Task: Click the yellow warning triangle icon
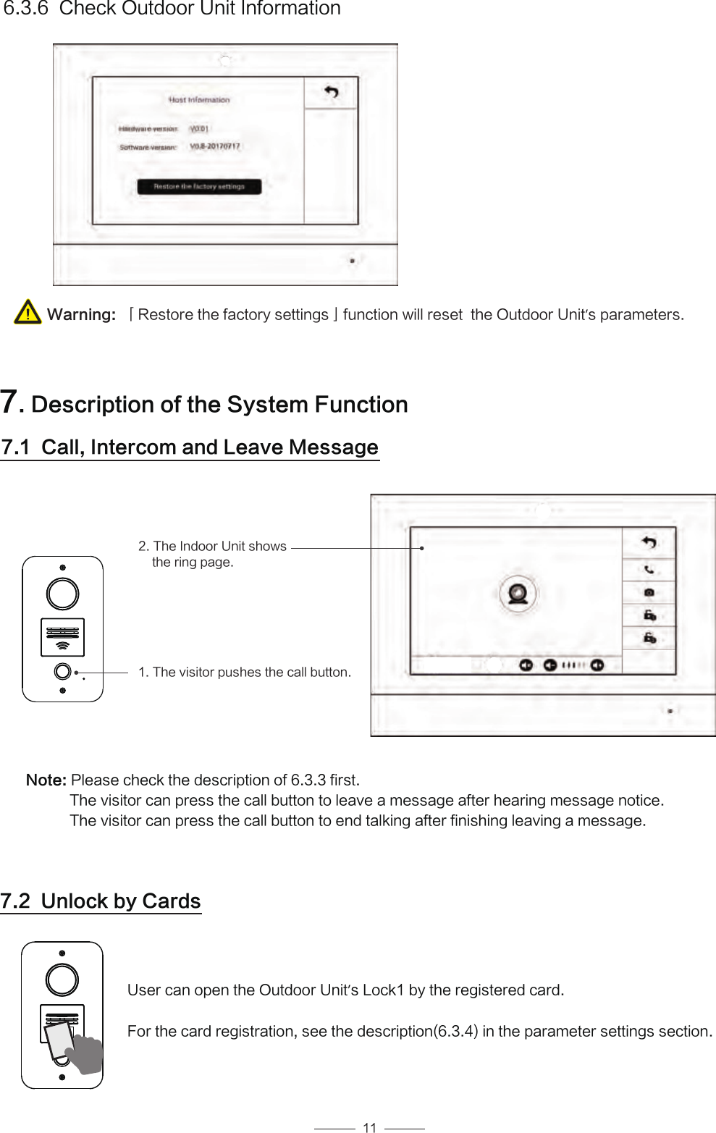tap(28, 312)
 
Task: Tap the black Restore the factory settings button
tap(199, 187)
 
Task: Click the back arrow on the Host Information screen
tap(331, 93)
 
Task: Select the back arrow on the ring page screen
tap(649, 542)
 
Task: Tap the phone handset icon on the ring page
tap(649, 570)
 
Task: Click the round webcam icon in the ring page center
tap(518, 594)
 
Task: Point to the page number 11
tap(369, 1127)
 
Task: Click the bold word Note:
tap(46, 780)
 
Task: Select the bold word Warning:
tap(81, 315)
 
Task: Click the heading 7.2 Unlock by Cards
tap(101, 901)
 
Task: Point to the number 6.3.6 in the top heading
tap(26, 9)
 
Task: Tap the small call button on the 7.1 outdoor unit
tap(63, 672)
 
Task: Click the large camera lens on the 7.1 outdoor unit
tap(63, 594)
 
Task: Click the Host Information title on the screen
tap(199, 100)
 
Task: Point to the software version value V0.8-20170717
tap(215, 146)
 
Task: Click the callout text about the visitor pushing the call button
tap(245, 673)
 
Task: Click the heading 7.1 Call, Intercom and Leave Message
tap(190, 447)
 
